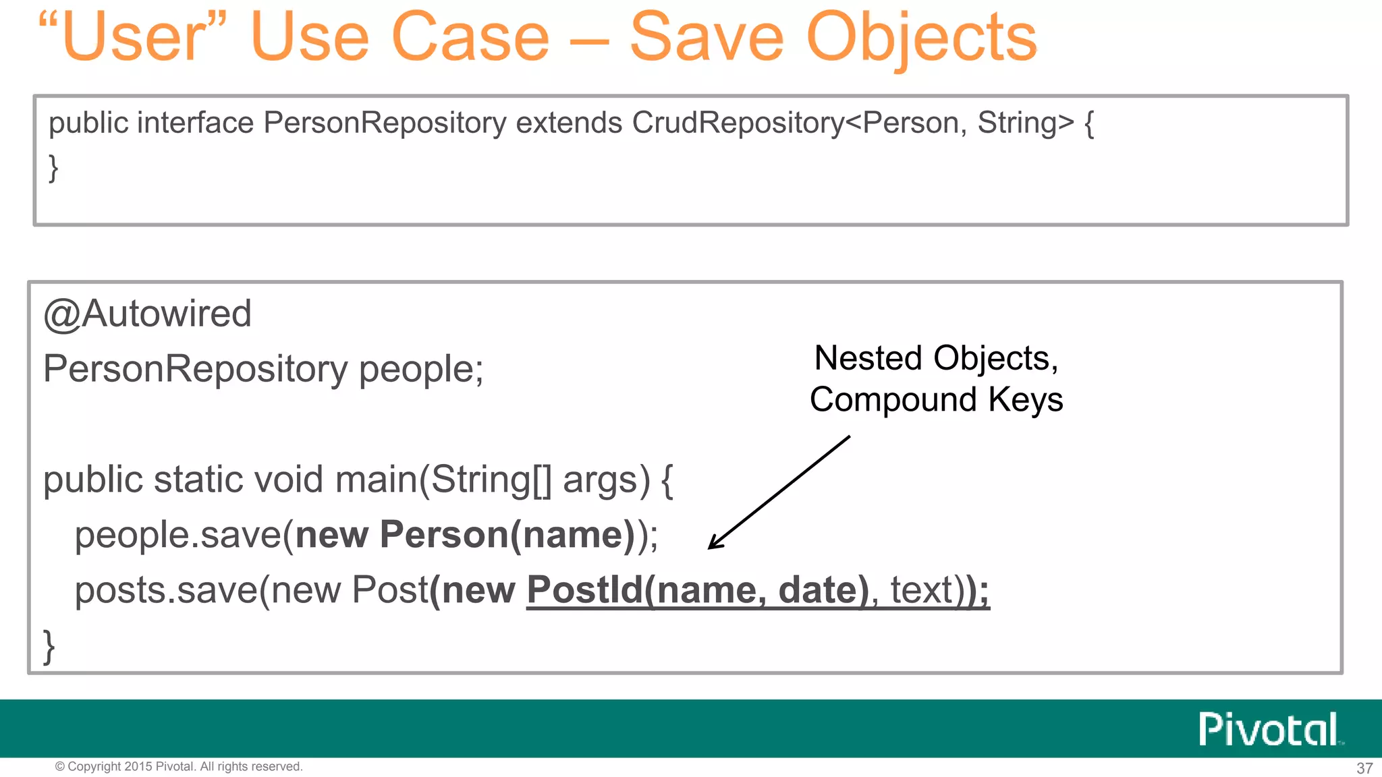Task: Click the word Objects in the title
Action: pos(921,39)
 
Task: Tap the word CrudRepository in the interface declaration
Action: pos(738,123)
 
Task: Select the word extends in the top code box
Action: pos(568,123)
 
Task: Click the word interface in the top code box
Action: pos(195,123)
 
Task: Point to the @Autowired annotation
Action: pos(147,314)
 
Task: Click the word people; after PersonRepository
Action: pos(420,369)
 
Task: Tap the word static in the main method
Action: pos(198,480)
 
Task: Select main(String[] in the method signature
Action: pos(443,480)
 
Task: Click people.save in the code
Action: pos(177,535)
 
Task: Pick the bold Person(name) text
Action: pos(507,535)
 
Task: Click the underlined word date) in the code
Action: pos(823,590)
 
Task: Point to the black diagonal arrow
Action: pos(779,493)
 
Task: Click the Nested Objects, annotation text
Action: pos(936,358)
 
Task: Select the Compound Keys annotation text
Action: pos(936,399)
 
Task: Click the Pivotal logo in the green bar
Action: pos(1269,729)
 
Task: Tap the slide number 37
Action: pos(1364,768)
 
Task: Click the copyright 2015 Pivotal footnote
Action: pos(179,767)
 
